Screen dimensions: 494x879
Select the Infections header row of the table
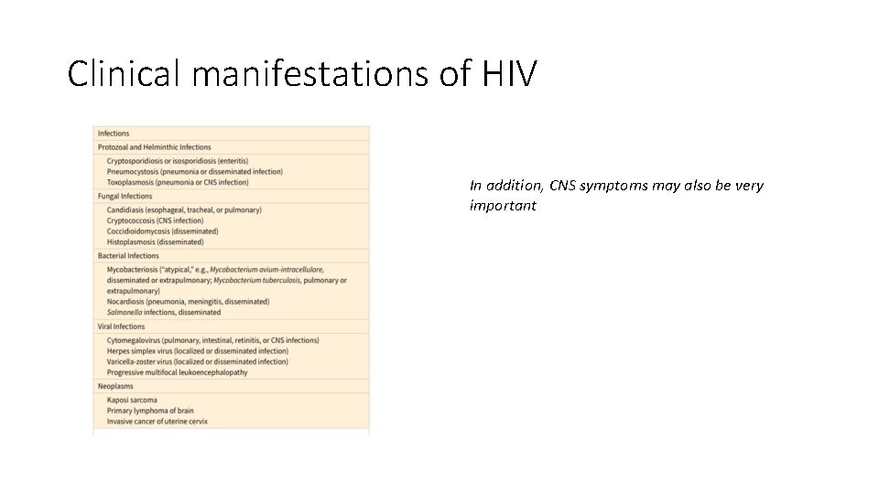pos(114,134)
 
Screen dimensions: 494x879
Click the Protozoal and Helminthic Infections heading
pos(154,146)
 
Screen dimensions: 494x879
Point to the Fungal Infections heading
pos(125,196)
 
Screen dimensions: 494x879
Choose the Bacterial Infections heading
pos(129,256)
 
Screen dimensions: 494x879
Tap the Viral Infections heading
pos(121,327)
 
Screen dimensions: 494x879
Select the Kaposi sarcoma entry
pos(132,400)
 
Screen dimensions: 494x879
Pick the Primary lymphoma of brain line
pos(150,411)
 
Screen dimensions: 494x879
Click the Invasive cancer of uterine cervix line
pos(157,422)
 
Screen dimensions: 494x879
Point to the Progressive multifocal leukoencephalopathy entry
pos(177,372)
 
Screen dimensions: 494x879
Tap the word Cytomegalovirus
pos(133,340)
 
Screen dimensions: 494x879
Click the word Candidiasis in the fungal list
pos(126,209)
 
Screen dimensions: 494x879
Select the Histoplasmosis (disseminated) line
pos(155,242)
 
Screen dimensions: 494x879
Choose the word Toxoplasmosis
pos(131,182)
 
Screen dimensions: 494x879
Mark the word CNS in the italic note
pos(563,186)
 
